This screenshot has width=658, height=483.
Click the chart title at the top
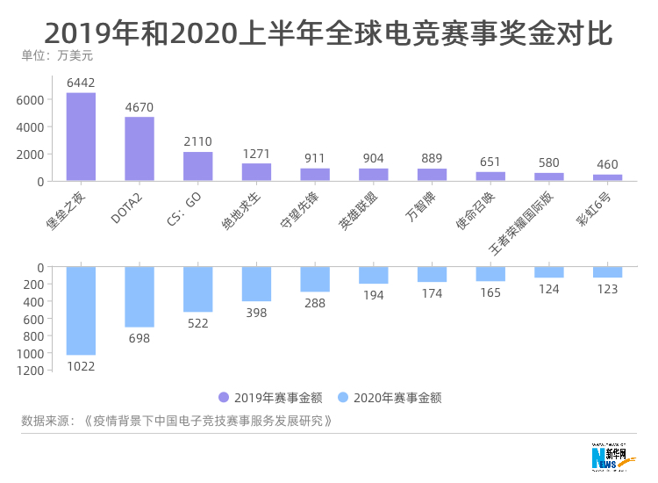tap(328, 33)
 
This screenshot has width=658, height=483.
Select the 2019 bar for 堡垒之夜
tap(81, 137)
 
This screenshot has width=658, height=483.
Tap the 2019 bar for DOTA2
tap(139, 149)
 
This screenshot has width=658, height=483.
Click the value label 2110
tap(197, 141)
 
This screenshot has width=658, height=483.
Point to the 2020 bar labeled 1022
tap(81, 310)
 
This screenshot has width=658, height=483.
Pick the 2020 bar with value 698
tap(139, 297)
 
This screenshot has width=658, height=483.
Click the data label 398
tap(256, 313)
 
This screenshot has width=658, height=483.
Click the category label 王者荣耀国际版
tap(518, 224)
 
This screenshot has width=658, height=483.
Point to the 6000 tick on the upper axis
tap(30, 100)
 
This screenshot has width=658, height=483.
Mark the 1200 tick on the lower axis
tap(30, 371)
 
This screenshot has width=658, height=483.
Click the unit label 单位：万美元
tap(56, 56)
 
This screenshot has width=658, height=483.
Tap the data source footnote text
tap(176, 421)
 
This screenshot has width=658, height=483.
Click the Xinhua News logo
tap(614, 455)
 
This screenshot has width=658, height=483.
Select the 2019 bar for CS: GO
tap(197, 166)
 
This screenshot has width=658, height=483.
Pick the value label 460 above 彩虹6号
tap(607, 164)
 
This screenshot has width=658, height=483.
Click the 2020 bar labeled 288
tap(315, 279)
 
